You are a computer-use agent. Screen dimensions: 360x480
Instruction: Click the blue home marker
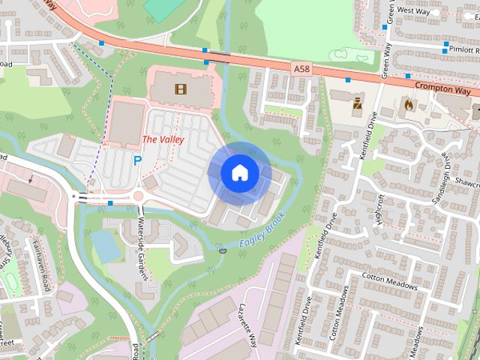tap(239, 173)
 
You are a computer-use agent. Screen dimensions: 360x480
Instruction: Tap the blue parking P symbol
tap(137, 160)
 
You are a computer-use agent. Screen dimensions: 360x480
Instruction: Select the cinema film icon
tap(180, 89)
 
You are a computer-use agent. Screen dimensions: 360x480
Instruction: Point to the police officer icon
tap(358, 102)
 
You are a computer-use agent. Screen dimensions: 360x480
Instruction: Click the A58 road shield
tap(301, 67)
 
